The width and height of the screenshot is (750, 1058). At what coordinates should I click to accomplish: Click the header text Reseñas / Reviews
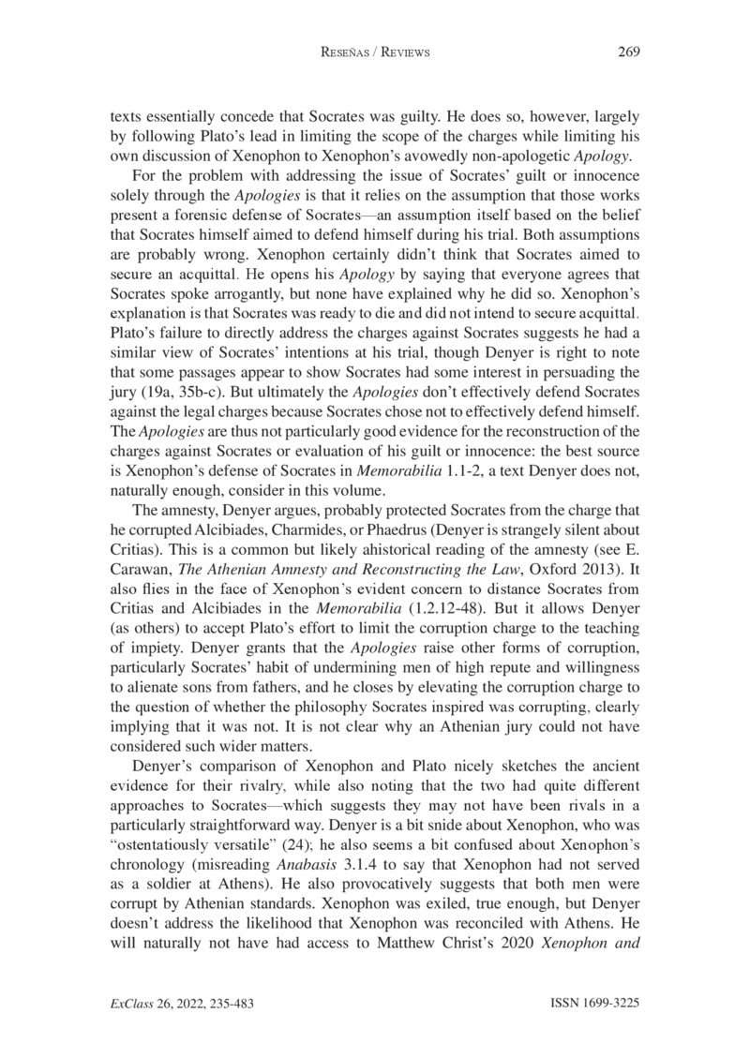click(x=375, y=52)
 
